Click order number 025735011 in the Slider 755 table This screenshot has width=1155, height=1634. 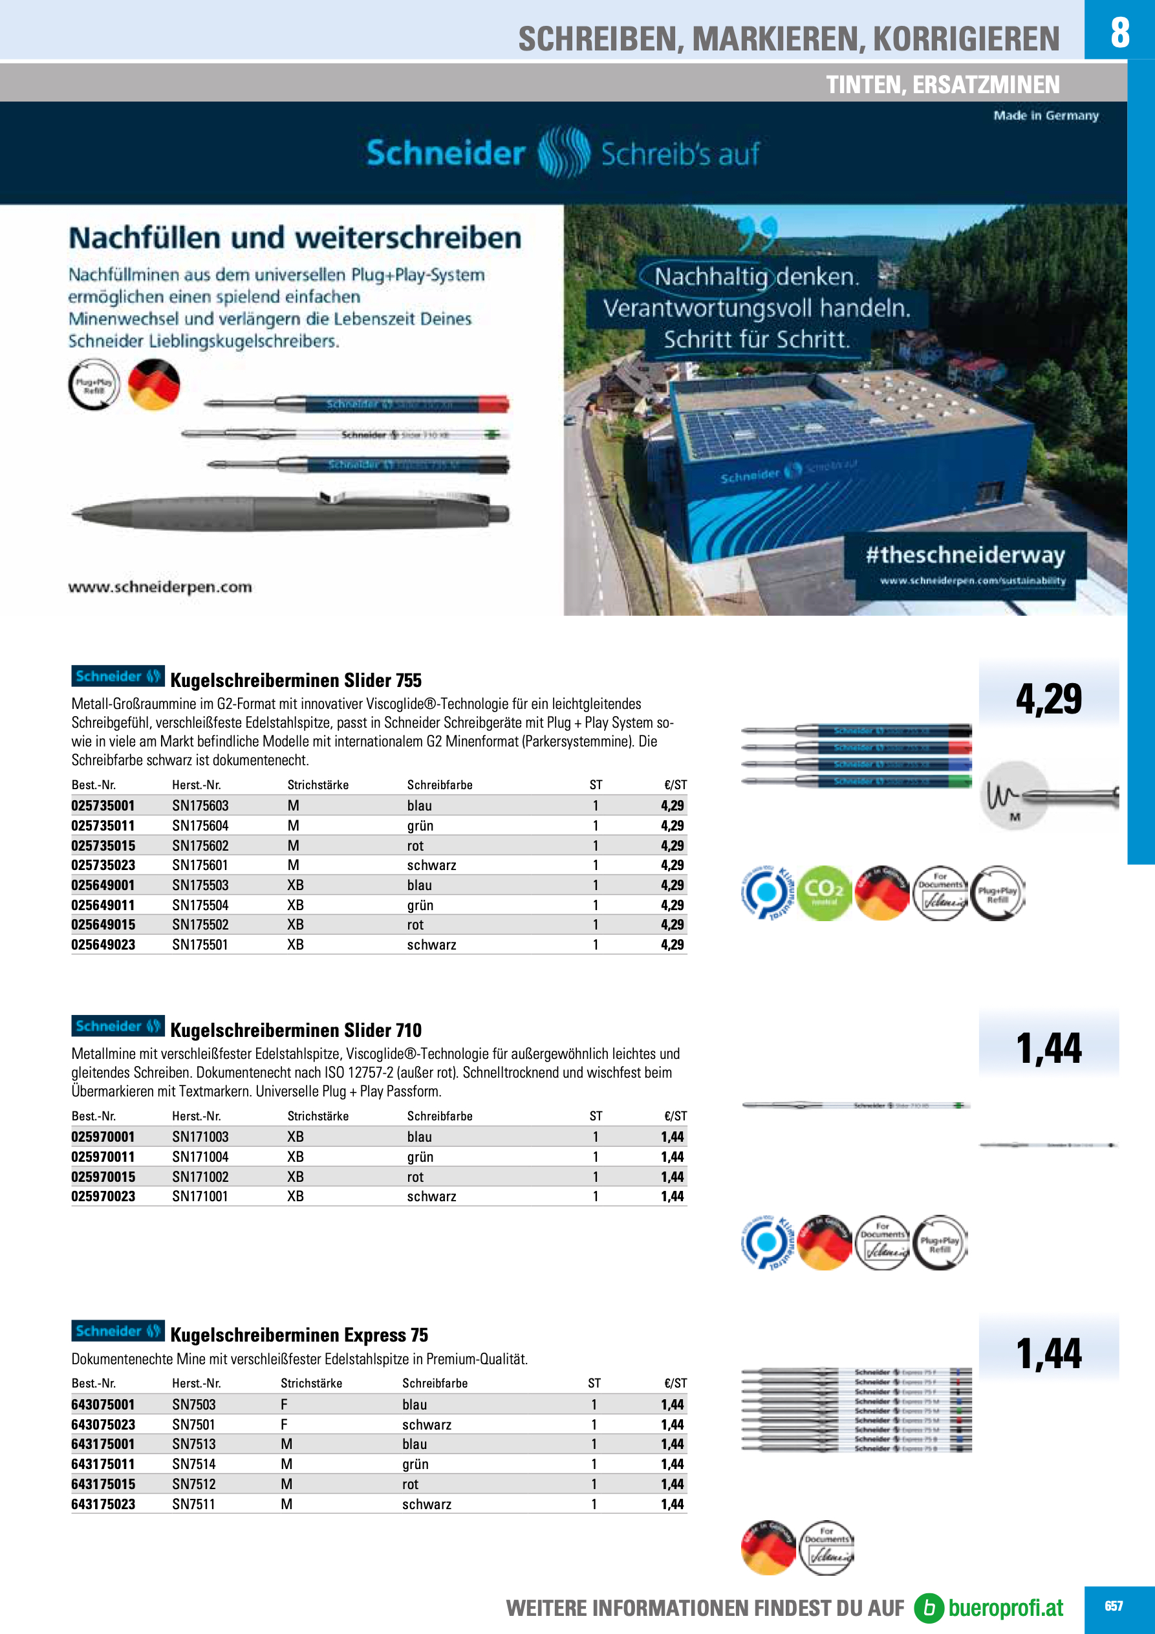click(103, 825)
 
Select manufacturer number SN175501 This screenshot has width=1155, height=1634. click(200, 944)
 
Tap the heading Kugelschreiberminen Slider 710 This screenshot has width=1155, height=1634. click(296, 1030)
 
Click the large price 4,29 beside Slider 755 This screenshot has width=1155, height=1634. click(1048, 698)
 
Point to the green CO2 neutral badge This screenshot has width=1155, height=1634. click(824, 893)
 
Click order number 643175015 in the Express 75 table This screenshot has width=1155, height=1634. click(103, 1484)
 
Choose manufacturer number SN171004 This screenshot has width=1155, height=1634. click(200, 1157)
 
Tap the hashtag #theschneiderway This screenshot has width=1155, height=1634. click(965, 554)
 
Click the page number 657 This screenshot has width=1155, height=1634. click(1113, 1606)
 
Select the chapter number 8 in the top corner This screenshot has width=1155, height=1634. click(1119, 31)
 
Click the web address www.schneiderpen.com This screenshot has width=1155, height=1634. click(160, 587)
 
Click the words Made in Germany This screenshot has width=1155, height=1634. click(1046, 115)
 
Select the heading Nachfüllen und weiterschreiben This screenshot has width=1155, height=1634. click(295, 237)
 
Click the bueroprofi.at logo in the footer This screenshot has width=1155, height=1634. click(990, 1607)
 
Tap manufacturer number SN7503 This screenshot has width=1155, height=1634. click(193, 1404)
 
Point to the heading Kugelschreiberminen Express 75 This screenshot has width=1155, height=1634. click(299, 1334)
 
